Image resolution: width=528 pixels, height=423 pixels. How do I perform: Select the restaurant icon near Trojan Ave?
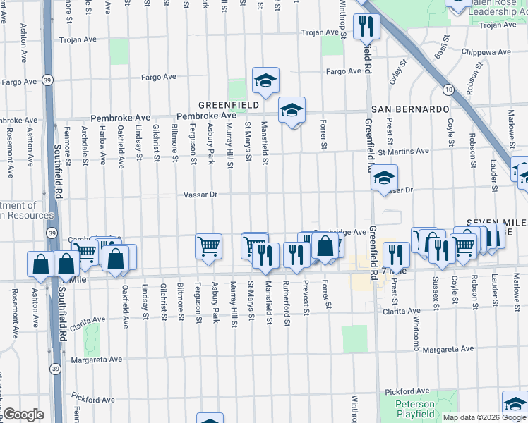(x=366, y=27)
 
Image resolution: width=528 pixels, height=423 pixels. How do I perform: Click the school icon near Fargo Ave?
(x=265, y=81)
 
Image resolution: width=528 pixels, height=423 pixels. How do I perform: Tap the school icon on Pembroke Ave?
(x=291, y=111)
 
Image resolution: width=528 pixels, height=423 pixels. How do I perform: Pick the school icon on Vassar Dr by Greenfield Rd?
(x=384, y=178)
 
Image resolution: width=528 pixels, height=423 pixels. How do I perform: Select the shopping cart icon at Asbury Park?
(x=208, y=247)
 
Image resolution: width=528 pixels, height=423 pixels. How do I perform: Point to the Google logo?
(x=23, y=415)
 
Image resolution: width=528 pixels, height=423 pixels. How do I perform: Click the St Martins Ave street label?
(x=403, y=151)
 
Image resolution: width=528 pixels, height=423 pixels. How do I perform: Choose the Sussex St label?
(x=436, y=294)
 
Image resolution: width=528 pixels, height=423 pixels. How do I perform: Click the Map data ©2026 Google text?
(x=484, y=417)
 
